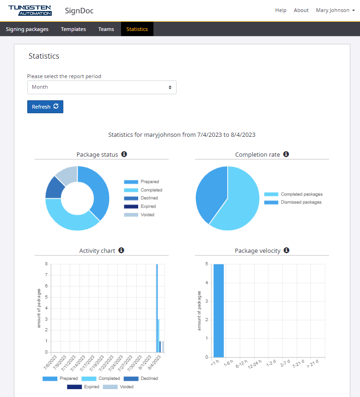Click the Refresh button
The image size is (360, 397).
45,107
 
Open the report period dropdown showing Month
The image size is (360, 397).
102,87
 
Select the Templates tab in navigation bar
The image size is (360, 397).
73,29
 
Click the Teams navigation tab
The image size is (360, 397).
106,29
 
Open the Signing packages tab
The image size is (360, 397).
27,29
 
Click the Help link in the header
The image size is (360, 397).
281,10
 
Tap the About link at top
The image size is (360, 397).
301,10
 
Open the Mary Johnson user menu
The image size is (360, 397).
335,10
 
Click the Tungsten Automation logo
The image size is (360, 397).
30,10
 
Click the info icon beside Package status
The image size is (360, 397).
124,154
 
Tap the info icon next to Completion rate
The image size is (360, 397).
286,154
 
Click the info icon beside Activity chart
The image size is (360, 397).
121,250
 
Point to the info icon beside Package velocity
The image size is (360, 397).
287,250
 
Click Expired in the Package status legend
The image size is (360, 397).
148,207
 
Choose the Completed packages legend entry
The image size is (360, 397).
301,195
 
